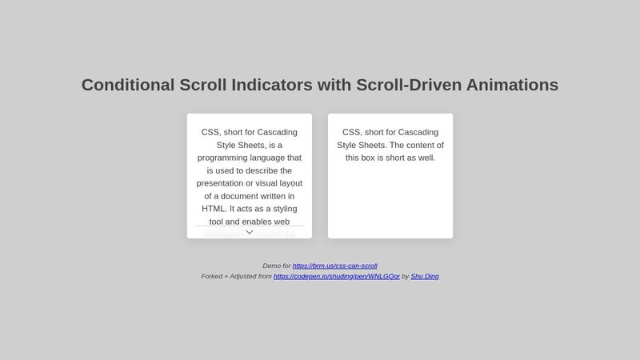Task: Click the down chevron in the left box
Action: [250, 232]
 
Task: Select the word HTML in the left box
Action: [213, 209]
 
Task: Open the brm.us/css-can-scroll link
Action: [334, 266]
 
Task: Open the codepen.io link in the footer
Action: [336, 276]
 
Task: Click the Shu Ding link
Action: [424, 276]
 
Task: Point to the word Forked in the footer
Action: [212, 276]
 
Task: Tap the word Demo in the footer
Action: [271, 266]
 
